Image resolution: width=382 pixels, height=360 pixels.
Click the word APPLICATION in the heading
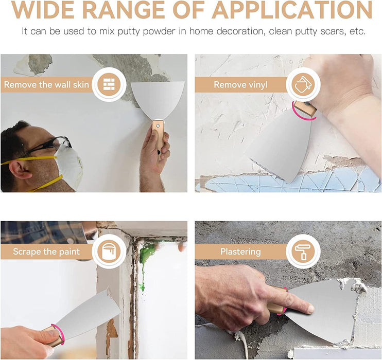tap(292, 10)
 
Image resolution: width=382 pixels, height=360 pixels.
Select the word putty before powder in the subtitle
tap(129, 32)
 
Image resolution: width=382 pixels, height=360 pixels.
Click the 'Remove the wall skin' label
tap(46, 85)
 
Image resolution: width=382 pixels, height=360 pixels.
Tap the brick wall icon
tap(109, 84)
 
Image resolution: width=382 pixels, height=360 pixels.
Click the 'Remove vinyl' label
tap(240, 85)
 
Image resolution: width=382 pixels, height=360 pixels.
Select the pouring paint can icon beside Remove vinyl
tap(303, 84)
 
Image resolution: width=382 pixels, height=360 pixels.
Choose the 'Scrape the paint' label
tap(46, 251)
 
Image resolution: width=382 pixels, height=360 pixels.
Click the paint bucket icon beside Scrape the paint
tap(109, 251)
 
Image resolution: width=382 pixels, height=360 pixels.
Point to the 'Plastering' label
tap(240, 251)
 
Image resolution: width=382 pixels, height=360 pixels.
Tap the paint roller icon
tap(303, 251)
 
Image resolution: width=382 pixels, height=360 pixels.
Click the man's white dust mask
tap(69, 165)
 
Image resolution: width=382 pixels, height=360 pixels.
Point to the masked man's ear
tap(20, 170)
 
